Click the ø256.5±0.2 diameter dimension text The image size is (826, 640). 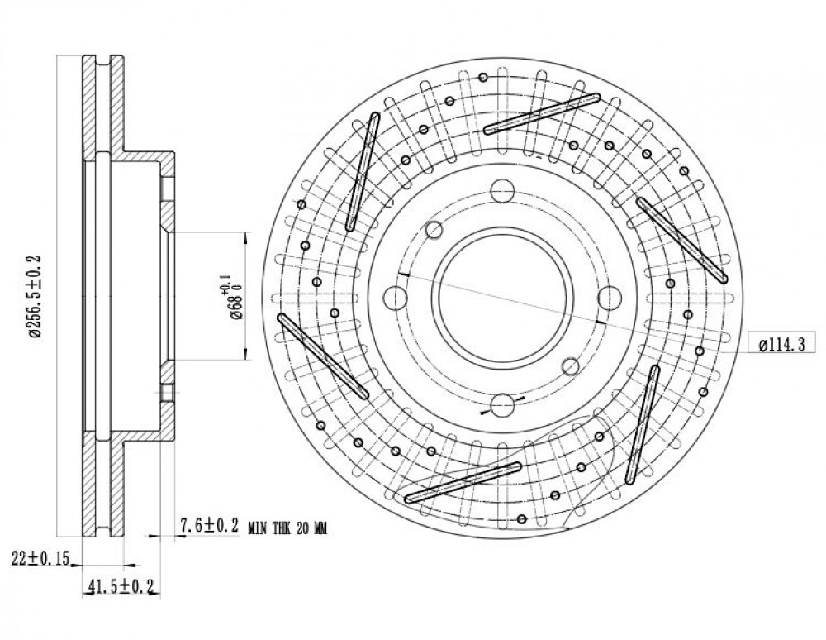point(36,296)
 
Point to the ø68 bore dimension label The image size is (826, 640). point(232,297)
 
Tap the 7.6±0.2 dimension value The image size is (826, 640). point(209,526)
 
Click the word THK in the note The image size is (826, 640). point(283,528)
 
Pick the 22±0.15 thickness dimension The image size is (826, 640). point(40,558)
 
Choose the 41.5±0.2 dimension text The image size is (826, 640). point(122,586)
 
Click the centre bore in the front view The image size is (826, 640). point(502,298)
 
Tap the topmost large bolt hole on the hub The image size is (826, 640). point(502,190)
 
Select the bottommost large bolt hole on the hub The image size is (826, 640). point(502,405)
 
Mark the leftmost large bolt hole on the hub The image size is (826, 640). point(395,298)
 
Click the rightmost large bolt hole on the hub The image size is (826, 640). point(610,298)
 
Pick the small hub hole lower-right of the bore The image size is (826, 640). point(571,365)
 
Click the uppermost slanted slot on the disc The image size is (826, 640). point(542,114)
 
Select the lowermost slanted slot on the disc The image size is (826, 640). point(463,482)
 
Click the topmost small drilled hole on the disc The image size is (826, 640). point(483,78)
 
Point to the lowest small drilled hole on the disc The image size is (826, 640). point(521,519)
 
